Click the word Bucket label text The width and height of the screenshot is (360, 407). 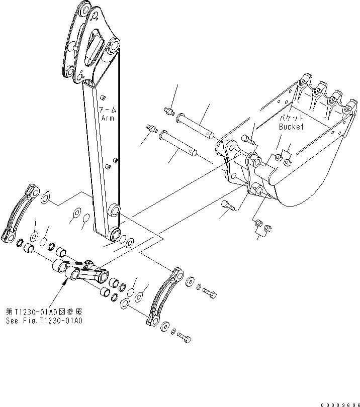click(292, 127)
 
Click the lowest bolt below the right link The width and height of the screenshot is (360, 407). click(185, 339)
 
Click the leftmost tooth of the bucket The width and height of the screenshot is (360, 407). click(303, 81)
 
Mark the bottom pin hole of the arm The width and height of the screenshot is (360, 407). click(115, 233)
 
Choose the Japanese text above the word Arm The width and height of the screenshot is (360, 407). click(107, 110)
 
